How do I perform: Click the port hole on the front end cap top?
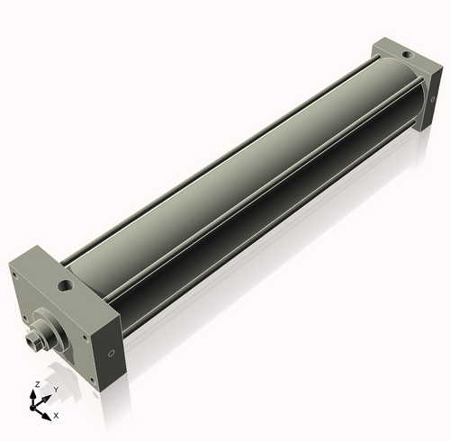(65, 287)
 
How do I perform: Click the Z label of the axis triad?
(36, 384)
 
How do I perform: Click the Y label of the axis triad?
(55, 390)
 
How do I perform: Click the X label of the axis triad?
(56, 416)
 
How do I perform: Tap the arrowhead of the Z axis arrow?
(37, 392)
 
